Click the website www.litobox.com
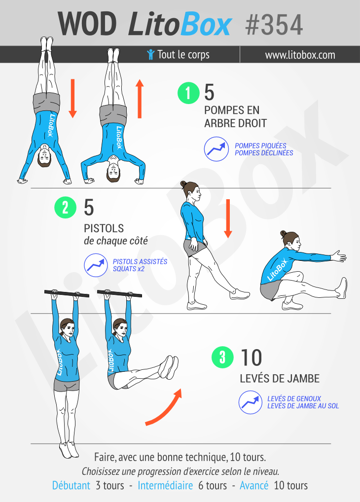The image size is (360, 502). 300,55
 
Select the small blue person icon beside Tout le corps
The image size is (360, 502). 150,54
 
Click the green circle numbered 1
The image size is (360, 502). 188,93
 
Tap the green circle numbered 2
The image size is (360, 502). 65,208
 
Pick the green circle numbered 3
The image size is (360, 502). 222,357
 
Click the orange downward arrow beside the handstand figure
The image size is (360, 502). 72,98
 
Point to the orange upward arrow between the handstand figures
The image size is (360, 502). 140,99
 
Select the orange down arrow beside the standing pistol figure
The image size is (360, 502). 228,218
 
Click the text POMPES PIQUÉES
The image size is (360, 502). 260,145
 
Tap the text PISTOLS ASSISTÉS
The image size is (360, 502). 140,261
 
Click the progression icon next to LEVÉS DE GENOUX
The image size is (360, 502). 251,402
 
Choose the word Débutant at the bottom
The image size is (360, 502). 71,485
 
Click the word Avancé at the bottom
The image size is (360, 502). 254,485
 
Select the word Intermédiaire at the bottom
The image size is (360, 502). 165,485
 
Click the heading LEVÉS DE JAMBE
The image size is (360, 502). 280,378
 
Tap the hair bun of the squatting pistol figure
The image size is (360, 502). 283,233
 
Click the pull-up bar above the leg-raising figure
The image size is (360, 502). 119,293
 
